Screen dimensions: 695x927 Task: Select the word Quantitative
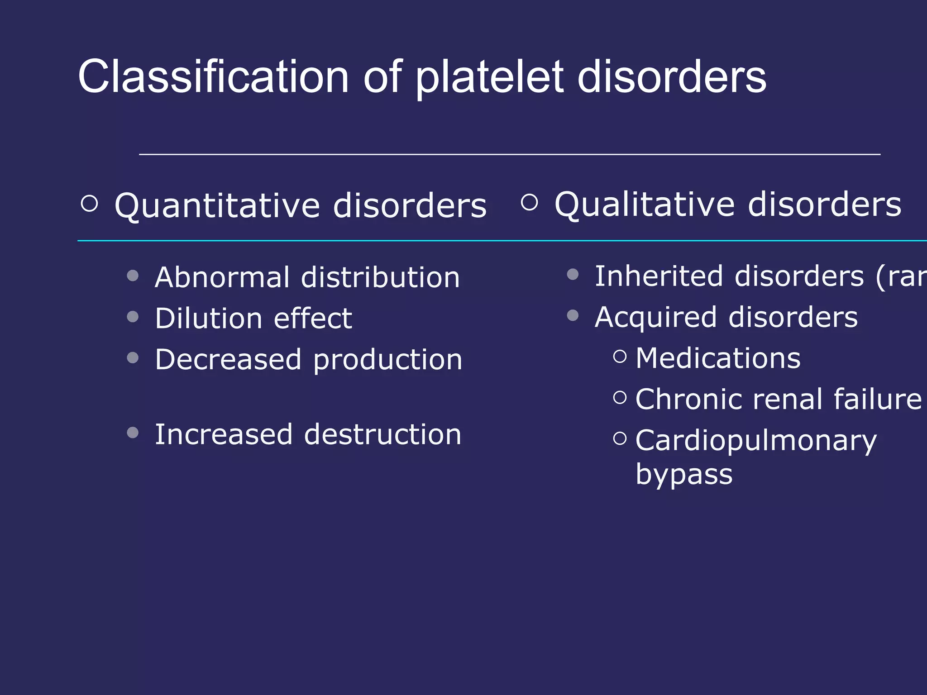click(x=217, y=206)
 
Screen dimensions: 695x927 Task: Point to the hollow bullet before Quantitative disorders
click(x=89, y=204)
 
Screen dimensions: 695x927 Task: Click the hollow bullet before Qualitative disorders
click(x=529, y=202)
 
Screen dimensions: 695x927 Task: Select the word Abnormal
click(x=222, y=277)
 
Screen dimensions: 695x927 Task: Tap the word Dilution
click(x=208, y=319)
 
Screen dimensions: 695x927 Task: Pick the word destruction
click(x=382, y=435)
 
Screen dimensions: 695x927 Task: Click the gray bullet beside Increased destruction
click(x=133, y=433)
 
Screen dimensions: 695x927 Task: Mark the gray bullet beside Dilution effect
click(x=133, y=316)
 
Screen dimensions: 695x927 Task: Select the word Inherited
click(x=659, y=276)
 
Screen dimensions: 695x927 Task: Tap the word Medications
click(x=718, y=358)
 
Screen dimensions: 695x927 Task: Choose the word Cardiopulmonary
click(x=756, y=441)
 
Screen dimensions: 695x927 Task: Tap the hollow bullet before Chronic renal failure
click(x=620, y=398)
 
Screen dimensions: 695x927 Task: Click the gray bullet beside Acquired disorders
click(x=573, y=315)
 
